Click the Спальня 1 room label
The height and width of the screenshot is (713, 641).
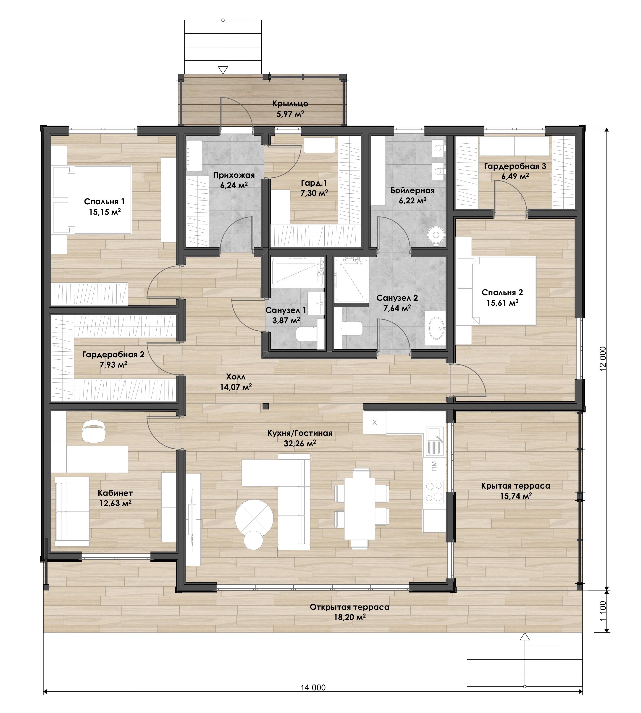(x=104, y=202)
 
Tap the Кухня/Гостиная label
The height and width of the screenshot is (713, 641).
(x=300, y=433)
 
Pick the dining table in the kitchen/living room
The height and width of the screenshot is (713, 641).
(x=360, y=508)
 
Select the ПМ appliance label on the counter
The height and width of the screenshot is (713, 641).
(x=434, y=466)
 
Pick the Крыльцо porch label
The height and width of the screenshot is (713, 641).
(x=290, y=104)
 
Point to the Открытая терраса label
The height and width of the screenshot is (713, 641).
(x=349, y=607)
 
